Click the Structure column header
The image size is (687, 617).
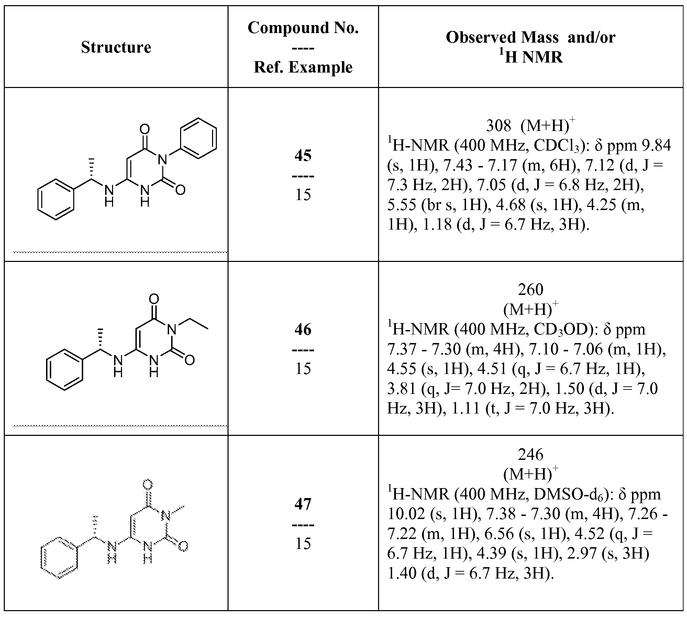click(x=116, y=47)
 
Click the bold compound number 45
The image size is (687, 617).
click(x=303, y=155)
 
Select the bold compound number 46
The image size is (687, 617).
click(x=303, y=330)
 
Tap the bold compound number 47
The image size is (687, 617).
click(x=303, y=504)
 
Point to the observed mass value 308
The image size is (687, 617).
click(x=498, y=126)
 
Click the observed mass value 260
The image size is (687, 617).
click(x=530, y=290)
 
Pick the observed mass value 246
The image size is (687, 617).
click(x=530, y=454)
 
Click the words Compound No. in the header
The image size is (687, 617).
click(x=303, y=27)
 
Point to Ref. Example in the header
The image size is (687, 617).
click(x=303, y=67)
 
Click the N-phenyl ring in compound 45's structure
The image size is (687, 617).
click(x=199, y=138)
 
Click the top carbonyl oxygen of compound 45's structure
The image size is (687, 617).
click(x=145, y=129)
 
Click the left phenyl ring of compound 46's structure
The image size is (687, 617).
click(x=65, y=370)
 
